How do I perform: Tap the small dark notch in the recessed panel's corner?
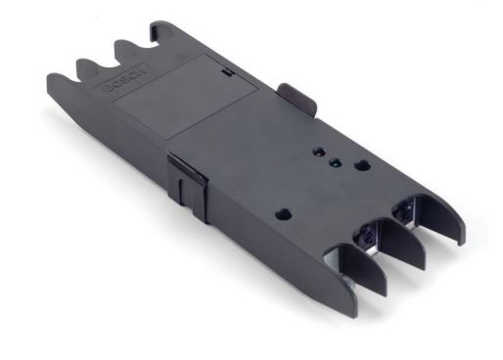pos(224,71)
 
